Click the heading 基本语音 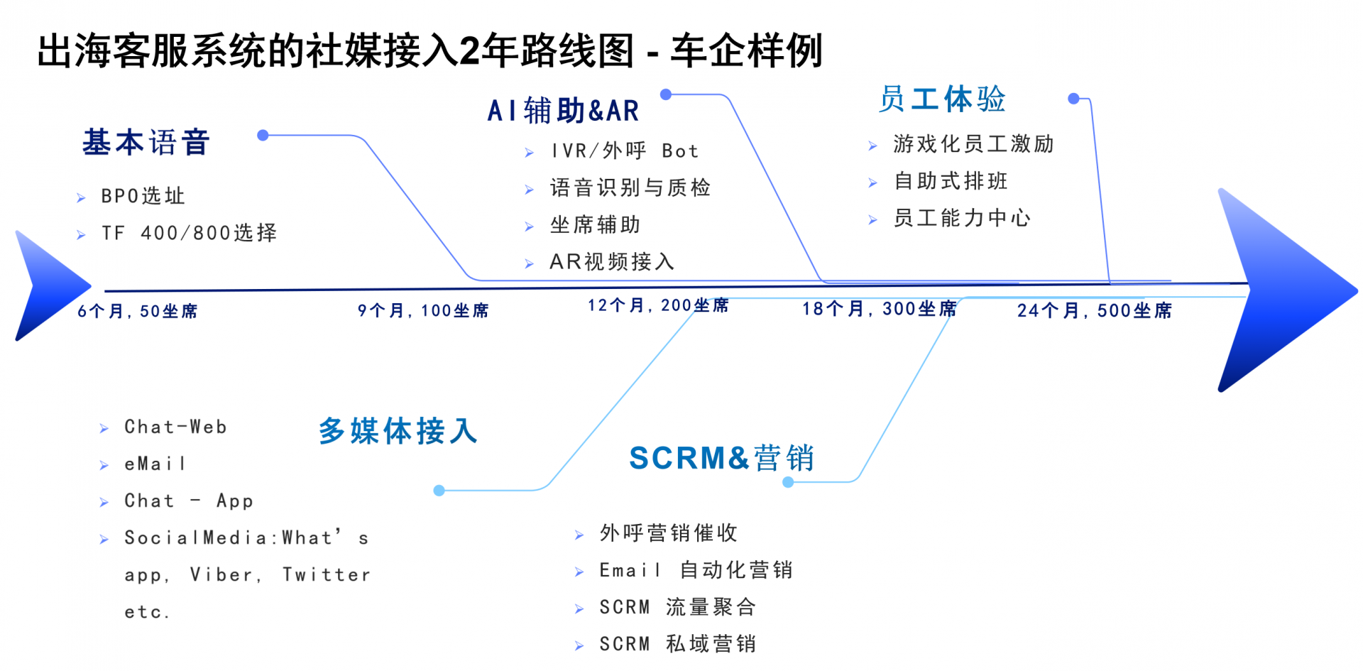tap(146, 143)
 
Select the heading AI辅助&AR tap(563, 111)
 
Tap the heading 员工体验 tap(942, 99)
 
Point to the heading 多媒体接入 tap(398, 431)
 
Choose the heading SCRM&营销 tap(721, 458)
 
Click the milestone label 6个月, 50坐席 tap(138, 311)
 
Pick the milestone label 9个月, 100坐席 tap(423, 310)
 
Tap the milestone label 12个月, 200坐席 tap(658, 305)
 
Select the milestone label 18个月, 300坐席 tap(880, 309)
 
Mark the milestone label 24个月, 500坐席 tap(1095, 310)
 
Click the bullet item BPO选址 tap(143, 196)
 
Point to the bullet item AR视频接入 tap(612, 262)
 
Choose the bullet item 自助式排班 tap(951, 181)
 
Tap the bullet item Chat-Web tap(175, 427)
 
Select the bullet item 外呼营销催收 tap(669, 533)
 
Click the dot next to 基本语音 tap(263, 135)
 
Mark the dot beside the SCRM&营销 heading tap(788, 482)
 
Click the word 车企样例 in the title tap(746, 51)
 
